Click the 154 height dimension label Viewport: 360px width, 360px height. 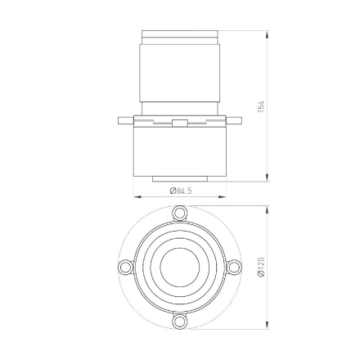coord(262,107)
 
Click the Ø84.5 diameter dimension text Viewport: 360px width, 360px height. coord(180,190)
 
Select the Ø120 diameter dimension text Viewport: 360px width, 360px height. coord(262,268)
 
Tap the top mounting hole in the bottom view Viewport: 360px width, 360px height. coord(180,214)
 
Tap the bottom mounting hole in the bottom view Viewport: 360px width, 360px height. coord(180,321)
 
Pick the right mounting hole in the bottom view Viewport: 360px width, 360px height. coord(234,268)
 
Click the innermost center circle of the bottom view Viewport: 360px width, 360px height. coord(180,268)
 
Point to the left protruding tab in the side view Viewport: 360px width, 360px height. coord(124,120)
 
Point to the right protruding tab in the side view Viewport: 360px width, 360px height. coord(235,120)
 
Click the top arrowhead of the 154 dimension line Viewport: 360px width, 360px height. coord(267,34)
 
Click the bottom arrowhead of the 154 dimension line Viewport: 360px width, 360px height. coord(267,182)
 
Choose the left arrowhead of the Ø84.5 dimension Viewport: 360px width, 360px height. coord(136,196)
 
